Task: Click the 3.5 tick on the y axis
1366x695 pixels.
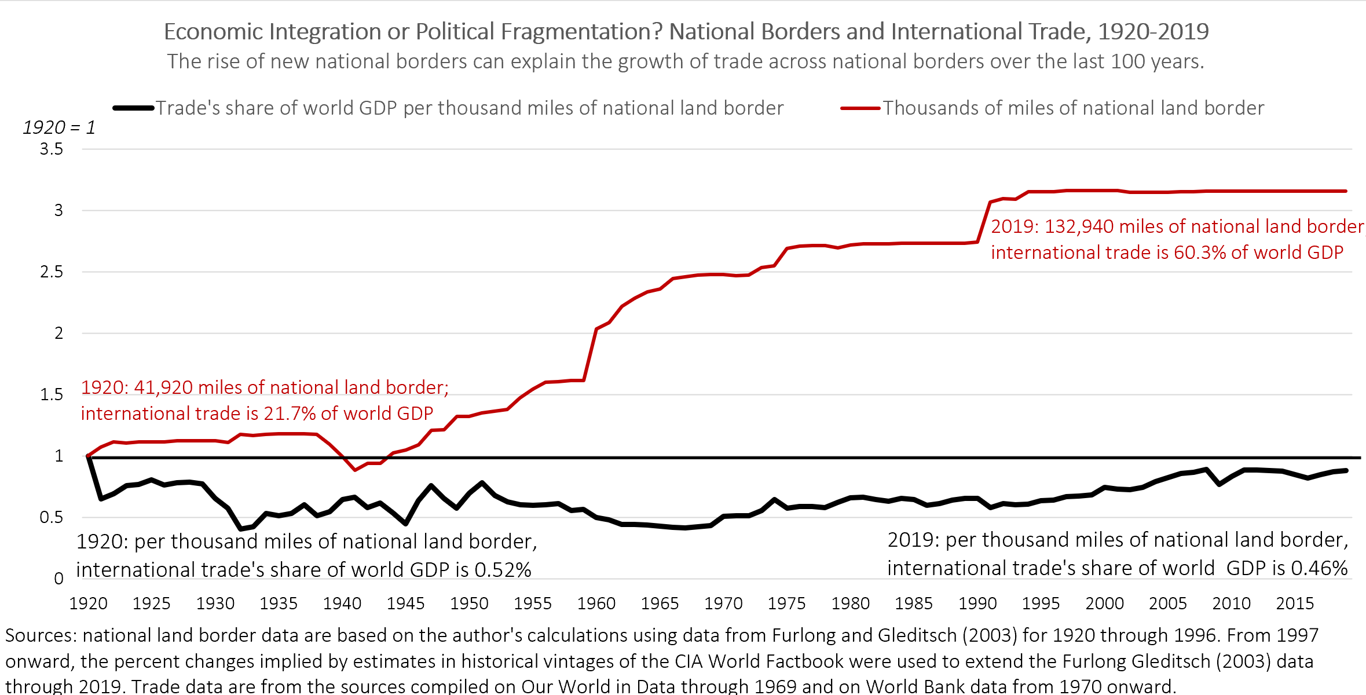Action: point(52,149)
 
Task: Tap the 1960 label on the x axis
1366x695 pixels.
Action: point(596,603)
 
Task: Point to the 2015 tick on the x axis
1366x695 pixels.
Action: point(1295,603)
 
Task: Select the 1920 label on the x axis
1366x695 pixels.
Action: point(88,603)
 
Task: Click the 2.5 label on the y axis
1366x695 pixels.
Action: point(52,272)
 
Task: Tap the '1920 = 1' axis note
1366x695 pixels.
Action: point(58,127)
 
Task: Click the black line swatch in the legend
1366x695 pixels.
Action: point(133,108)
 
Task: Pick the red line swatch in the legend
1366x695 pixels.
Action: point(860,108)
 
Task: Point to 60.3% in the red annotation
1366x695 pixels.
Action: point(1200,253)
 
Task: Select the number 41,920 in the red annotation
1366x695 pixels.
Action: point(163,387)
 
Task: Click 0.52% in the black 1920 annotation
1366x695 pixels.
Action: point(503,570)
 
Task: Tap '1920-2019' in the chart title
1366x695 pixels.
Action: point(1153,32)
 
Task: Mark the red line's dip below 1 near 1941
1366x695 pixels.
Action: point(356,469)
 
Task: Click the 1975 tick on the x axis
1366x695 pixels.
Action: point(786,603)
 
